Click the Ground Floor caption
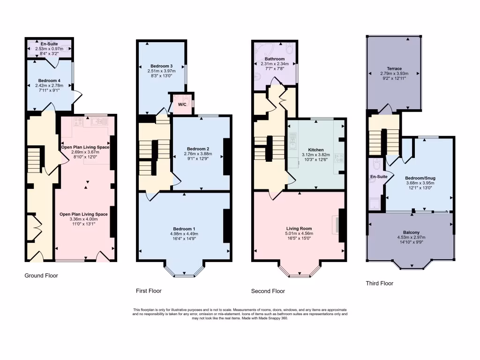pyautogui.click(x=41, y=276)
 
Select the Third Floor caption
pyautogui.click(x=379, y=283)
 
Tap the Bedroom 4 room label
pyautogui.click(x=49, y=81)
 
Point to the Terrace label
pyautogui.click(x=394, y=68)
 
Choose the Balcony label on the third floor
pyautogui.click(x=411, y=232)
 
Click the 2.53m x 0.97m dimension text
pyautogui.click(x=49, y=49)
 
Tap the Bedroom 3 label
pyautogui.click(x=162, y=66)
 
